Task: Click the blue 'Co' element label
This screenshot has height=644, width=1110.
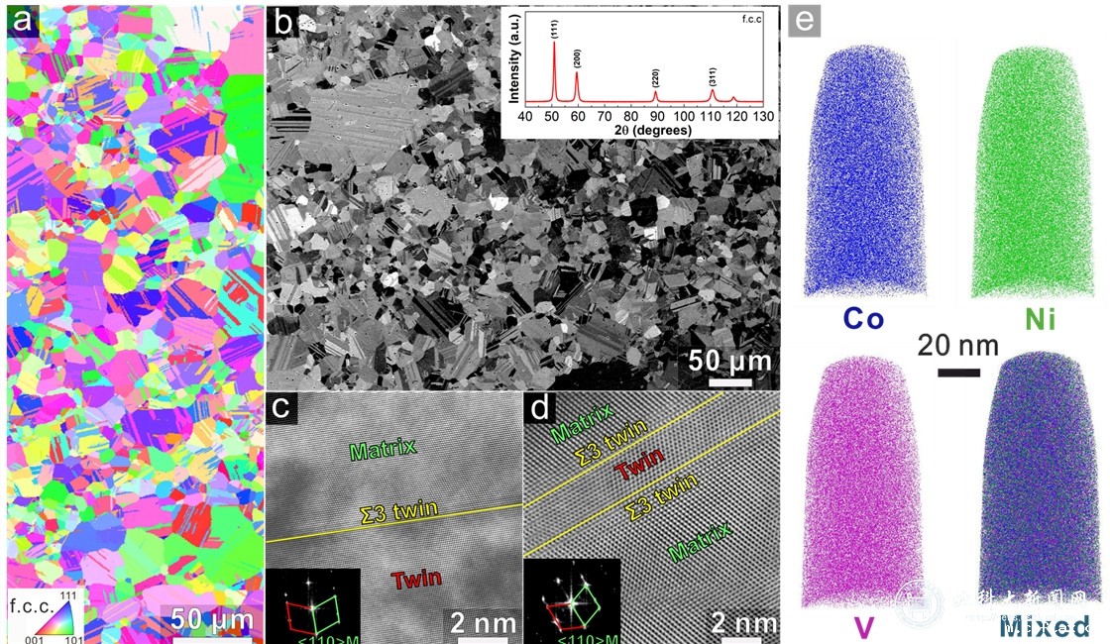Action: point(862,319)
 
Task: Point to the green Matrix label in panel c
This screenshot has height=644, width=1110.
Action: point(382,448)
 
